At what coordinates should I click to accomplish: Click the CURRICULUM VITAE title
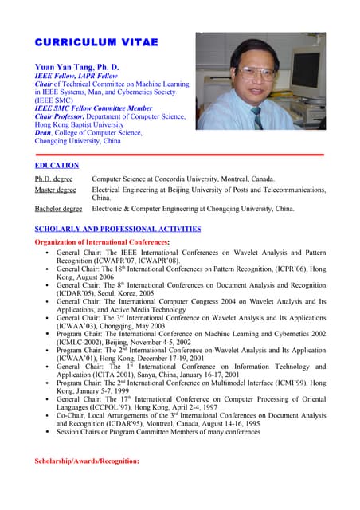click(x=96, y=41)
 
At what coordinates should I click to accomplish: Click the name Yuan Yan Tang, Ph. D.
click(x=76, y=66)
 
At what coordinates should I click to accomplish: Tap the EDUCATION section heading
click(x=56, y=165)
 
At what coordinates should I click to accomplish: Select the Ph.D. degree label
click(x=53, y=179)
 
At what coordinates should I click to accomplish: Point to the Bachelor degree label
click(x=58, y=209)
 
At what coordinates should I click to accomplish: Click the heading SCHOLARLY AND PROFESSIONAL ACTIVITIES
click(x=117, y=229)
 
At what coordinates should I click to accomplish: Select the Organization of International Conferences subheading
click(x=102, y=241)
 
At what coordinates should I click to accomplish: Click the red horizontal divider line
click(x=180, y=153)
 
